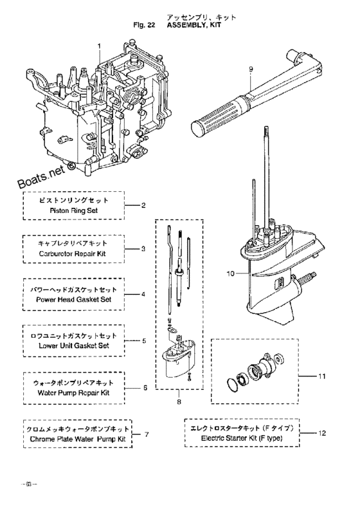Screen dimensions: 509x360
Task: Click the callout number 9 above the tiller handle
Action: pyautogui.click(x=251, y=69)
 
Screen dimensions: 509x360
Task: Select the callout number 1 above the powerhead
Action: pyautogui.click(x=100, y=46)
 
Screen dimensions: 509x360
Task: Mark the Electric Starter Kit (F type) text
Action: pyautogui.click(x=248, y=439)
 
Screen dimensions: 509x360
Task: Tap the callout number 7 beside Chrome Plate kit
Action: pyautogui.click(x=147, y=434)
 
